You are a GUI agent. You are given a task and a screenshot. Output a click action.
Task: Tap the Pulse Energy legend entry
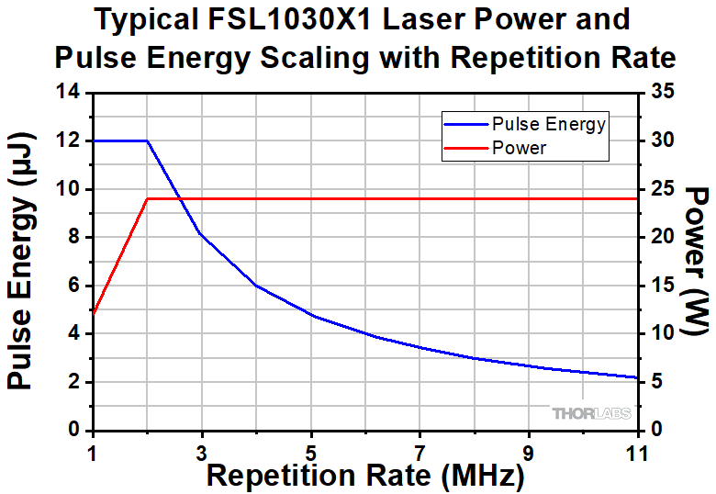548,124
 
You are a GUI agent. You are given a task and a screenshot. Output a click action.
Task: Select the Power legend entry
520,147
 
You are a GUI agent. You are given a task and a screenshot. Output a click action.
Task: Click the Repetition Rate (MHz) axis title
365,476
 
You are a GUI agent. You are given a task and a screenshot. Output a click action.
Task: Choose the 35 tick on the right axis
662,92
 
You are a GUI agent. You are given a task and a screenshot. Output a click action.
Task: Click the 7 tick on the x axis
420,452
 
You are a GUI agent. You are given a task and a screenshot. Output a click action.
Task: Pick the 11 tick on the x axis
636,452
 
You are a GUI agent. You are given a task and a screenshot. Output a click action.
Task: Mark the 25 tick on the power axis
662,189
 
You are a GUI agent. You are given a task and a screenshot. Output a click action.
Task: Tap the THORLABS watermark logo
591,414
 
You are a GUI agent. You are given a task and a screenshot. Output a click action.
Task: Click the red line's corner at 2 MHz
147,198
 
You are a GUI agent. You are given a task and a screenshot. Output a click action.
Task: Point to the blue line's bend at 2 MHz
147,140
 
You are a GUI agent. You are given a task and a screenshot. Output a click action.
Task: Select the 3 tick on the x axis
202,452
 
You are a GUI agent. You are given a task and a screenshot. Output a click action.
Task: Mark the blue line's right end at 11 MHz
637,377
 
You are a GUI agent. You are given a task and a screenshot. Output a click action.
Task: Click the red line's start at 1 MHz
93,314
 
